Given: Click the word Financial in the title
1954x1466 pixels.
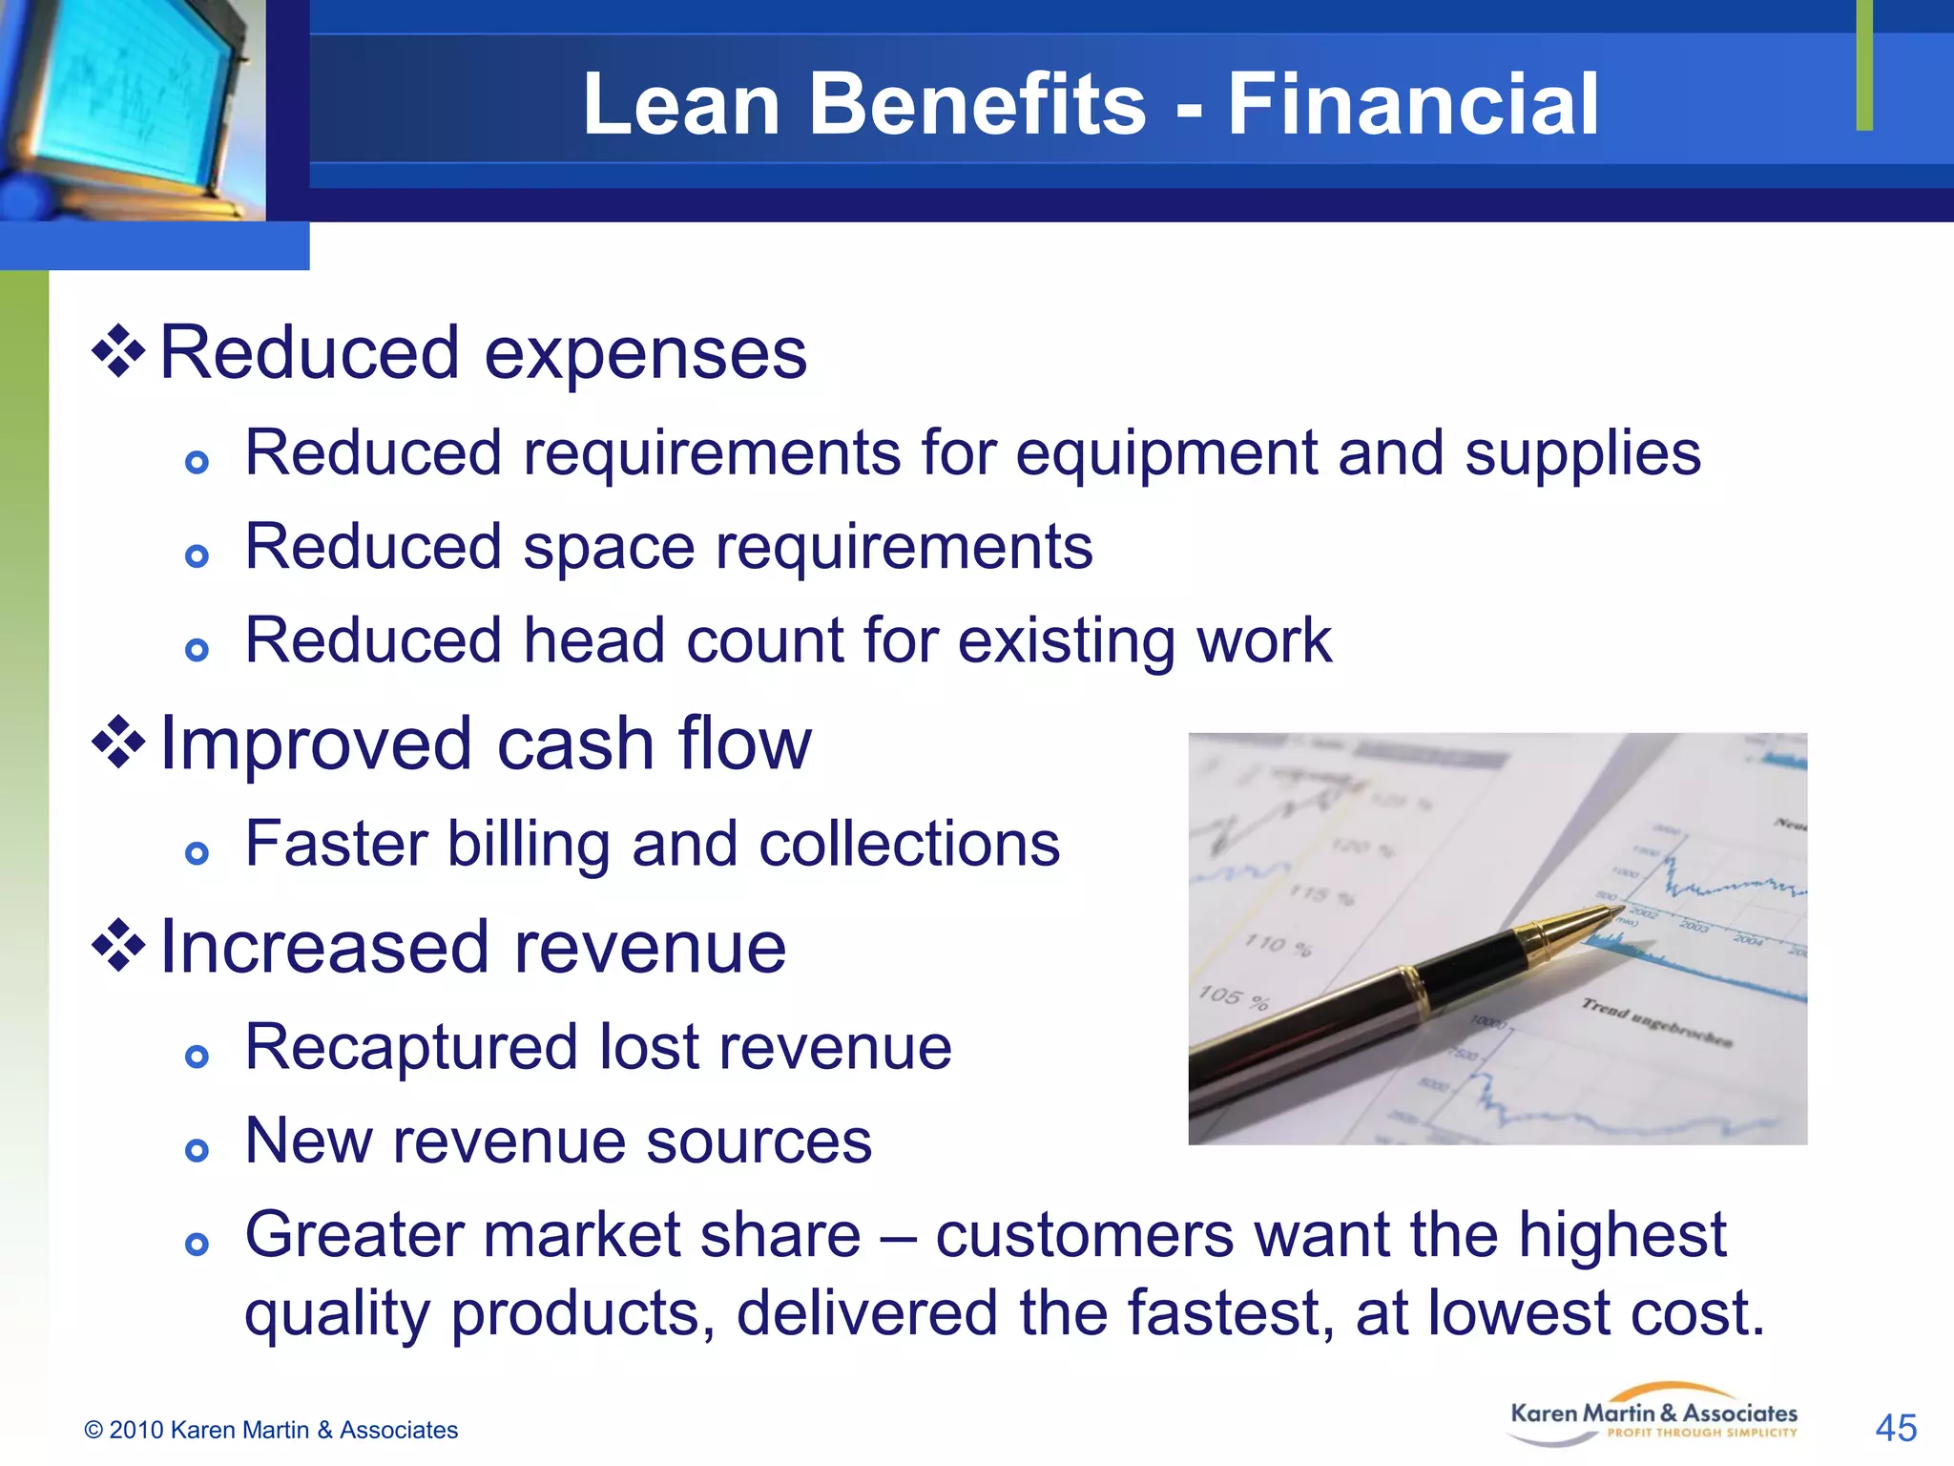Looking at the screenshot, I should coord(1412,104).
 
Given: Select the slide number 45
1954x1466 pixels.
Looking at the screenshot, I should coord(1895,1429).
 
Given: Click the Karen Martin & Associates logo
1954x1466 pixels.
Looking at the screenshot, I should coord(1653,1415).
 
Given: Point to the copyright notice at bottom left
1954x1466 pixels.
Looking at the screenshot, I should coord(271,1430).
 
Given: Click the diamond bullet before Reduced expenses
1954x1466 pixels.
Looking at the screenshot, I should coord(118,352).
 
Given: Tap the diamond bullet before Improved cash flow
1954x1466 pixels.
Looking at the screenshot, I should coord(118,743).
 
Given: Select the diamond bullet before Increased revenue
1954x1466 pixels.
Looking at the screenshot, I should coord(118,946).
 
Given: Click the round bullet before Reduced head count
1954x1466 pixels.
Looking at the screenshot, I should coord(197,651).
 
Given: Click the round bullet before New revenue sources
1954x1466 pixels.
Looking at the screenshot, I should coord(197,1150).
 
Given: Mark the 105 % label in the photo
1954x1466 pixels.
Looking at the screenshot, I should coord(1234,998).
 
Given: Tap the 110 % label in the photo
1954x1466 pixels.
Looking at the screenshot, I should coord(1278,945).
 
